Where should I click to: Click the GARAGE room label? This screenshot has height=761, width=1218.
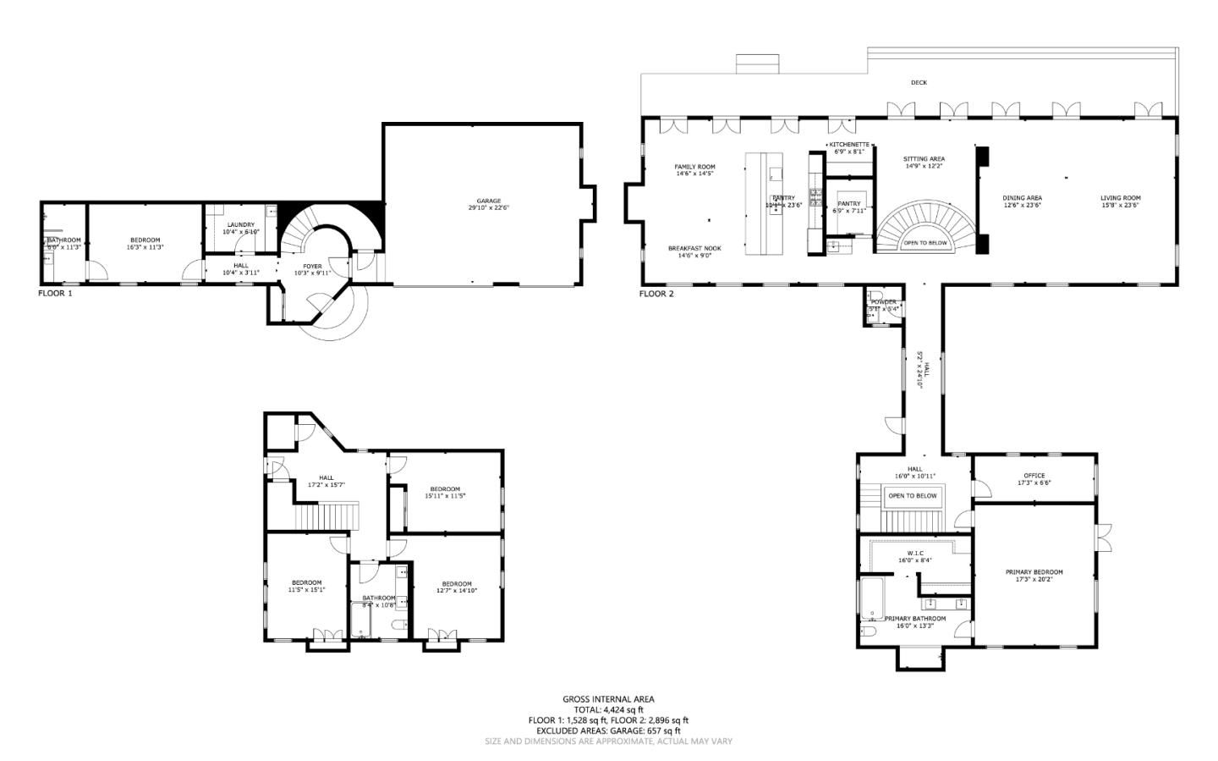[x=489, y=201]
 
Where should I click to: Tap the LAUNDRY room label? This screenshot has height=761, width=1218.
[x=241, y=224]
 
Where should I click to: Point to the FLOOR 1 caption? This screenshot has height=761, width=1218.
[x=55, y=294]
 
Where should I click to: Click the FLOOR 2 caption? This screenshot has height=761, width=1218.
[x=656, y=294]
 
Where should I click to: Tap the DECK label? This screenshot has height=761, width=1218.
[x=919, y=82]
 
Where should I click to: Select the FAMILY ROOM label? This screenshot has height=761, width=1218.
[x=694, y=167]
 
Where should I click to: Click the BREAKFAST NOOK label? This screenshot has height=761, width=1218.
[x=694, y=248]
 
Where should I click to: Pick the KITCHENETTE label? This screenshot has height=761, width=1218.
[x=848, y=145]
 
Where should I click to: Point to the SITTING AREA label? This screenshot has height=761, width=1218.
[x=924, y=158]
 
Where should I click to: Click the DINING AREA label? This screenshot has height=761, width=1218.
[x=1022, y=198]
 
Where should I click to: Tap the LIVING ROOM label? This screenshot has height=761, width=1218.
[x=1120, y=198]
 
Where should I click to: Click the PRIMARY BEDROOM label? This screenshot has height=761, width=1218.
[x=1034, y=572]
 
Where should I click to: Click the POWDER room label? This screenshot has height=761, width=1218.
[x=883, y=302]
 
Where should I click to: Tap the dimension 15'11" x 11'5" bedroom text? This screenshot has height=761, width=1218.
[x=444, y=496]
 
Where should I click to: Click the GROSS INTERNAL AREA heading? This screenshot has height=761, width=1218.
[x=608, y=699]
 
